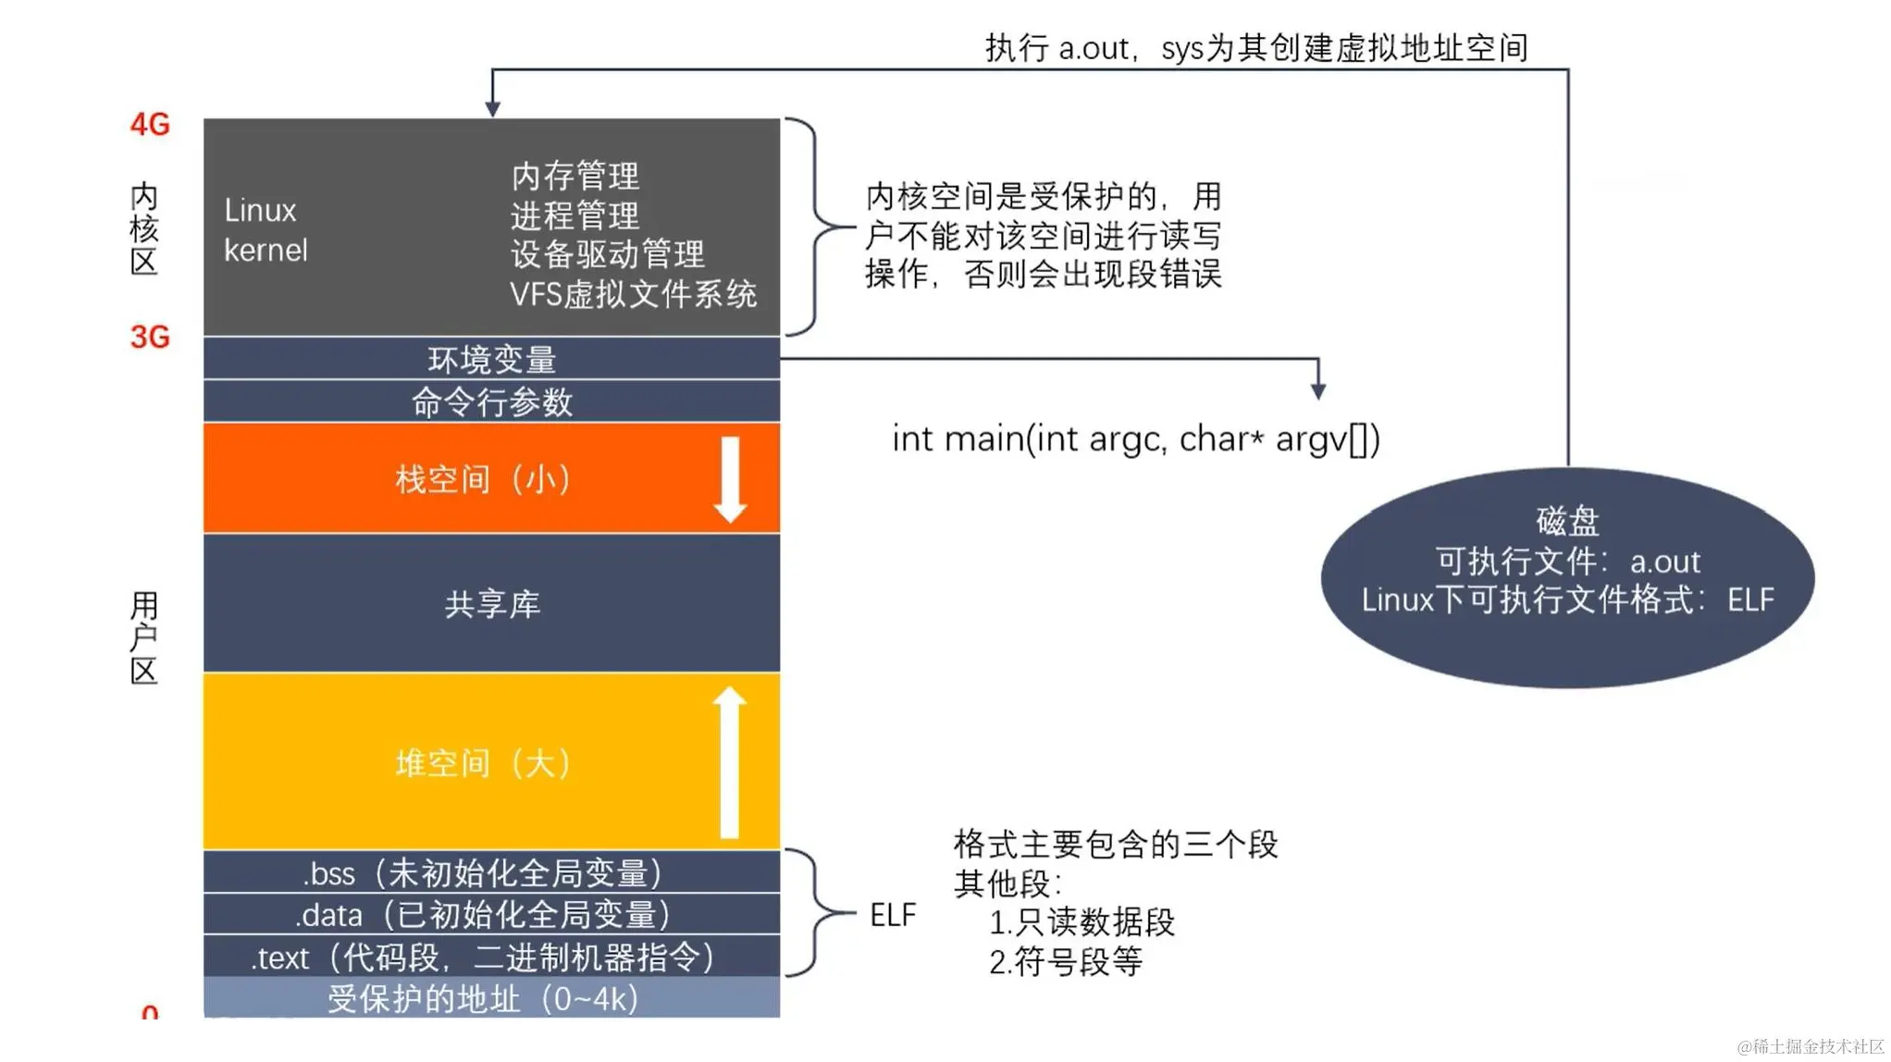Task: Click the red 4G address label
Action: tap(150, 124)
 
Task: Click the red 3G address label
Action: tap(150, 337)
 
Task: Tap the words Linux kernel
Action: tap(265, 230)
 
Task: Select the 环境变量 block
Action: tap(491, 359)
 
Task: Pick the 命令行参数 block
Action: tap(491, 402)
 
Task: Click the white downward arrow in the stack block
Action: tap(730, 479)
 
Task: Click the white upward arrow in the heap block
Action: tap(729, 762)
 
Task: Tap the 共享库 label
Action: tap(492, 604)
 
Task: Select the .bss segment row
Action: tap(491, 872)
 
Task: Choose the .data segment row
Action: tap(491, 915)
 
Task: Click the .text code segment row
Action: tap(491, 957)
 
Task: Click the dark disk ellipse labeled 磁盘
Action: tap(1567, 577)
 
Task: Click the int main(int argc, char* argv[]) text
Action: tap(1135, 438)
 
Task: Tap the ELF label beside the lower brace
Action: tap(893, 915)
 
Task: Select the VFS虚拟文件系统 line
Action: tap(633, 294)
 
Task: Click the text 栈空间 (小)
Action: tap(483, 479)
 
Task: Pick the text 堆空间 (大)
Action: tap(483, 763)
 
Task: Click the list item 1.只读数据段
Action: tap(1081, 922)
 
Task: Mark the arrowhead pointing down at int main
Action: tap(1318, 391)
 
